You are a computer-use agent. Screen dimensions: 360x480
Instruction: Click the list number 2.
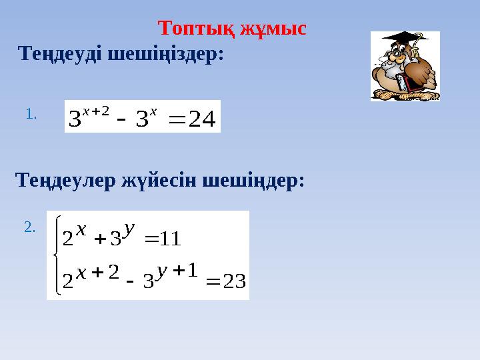29,228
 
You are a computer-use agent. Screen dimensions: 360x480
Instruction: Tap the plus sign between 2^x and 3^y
99,239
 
